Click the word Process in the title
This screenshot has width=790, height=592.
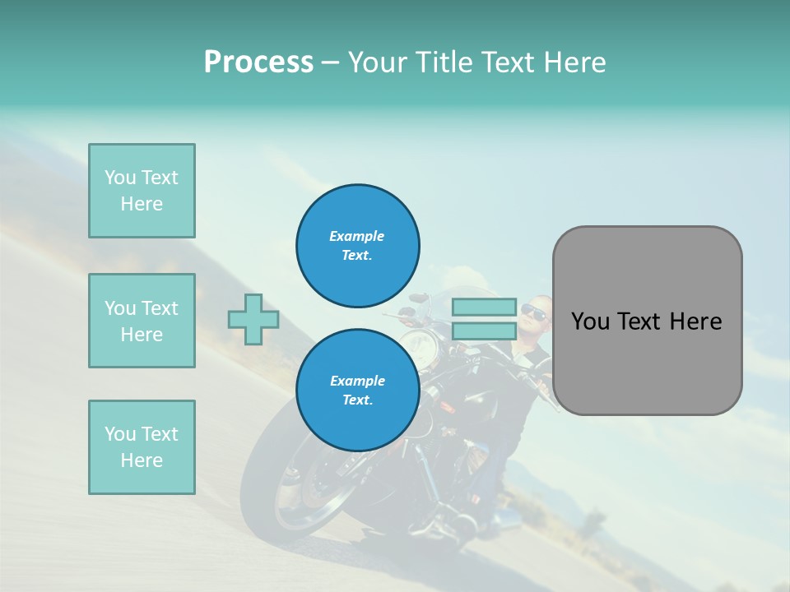tap(258, 62)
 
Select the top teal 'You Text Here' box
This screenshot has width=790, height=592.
tap(142, 191)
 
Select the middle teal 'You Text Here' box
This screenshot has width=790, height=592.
tap(142, 321)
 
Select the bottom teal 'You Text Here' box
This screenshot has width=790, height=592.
tap(142, 447)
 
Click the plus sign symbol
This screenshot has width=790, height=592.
tap(253, 319)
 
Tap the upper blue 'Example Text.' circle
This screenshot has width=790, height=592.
tap(357, 246)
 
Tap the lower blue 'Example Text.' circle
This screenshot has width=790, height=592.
tap(357, 391)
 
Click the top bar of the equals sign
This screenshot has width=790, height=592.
tap(484, 308)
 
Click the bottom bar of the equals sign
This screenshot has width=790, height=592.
tap(484, 331)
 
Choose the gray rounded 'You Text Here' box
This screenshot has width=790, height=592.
tap(647, 321)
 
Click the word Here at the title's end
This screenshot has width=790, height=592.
tap(571, 62)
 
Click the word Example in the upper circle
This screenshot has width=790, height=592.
tap(357, 236)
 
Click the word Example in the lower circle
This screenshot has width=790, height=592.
tap(357, 381)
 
